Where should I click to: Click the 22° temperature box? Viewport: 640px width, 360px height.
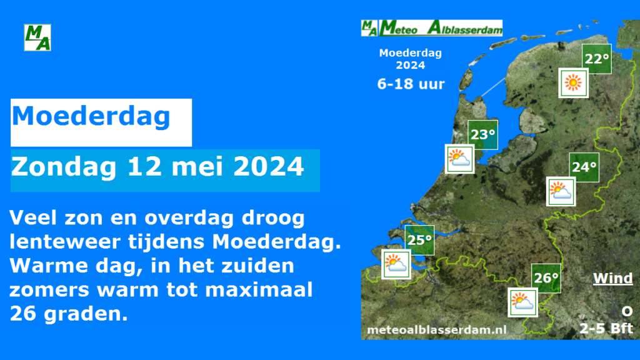click(596, 59)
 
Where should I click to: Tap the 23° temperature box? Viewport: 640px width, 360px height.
click(482, 134)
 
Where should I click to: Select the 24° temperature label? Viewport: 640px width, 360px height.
click(584, 167)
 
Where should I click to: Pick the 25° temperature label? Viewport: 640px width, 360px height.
click(419, 240)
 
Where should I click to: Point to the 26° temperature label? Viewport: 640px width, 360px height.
click(546, 278)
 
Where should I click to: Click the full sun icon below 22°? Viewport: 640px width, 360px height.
click(573, 82)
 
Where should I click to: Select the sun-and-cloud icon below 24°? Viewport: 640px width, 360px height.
click(561, 191)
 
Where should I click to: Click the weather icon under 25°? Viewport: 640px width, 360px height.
click(396, 264)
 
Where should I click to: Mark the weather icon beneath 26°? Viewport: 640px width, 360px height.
click(522, 302)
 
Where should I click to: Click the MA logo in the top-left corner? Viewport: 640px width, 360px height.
click(37, 37)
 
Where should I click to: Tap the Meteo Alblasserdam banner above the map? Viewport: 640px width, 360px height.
click(432, 27)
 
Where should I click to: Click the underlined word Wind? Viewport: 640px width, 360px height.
click(612, 278)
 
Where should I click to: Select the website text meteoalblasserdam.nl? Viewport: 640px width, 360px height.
click(437, 329)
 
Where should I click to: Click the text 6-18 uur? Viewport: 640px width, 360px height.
click(411, 84)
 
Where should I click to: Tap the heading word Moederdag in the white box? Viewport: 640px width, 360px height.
click(91, 116)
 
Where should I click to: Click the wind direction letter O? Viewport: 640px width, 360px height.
click(626, 311)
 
